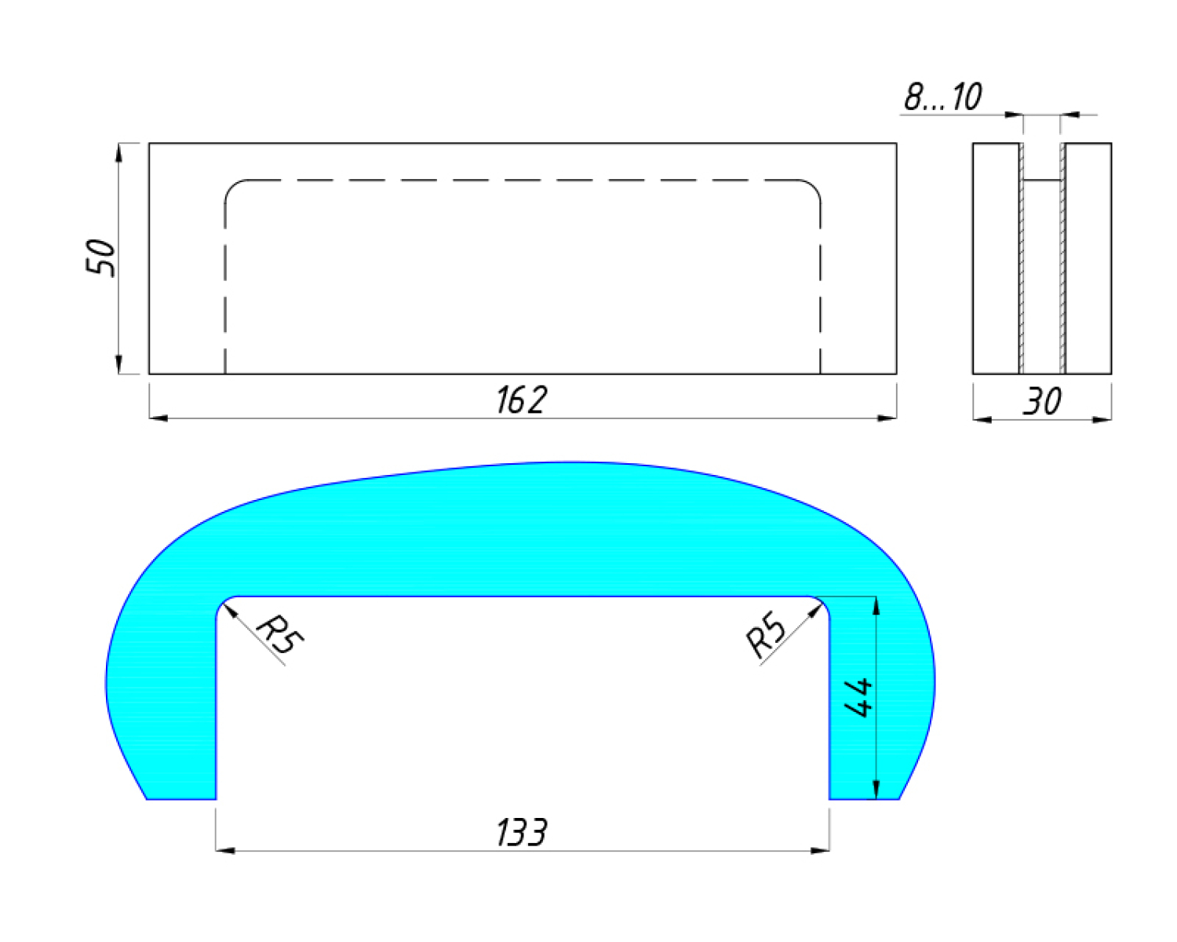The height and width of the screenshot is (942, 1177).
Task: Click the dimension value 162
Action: click(x=521, y=400)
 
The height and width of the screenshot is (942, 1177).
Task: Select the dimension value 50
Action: click(x=100, y=257)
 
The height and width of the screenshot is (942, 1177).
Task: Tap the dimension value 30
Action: click(x=1042, y=401)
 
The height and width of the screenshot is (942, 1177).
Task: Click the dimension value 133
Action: click(x=521, y=833)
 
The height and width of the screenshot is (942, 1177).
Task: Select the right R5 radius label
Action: click(x=765, y=634)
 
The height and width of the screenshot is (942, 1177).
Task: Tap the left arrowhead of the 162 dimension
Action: click(x=159, y=418)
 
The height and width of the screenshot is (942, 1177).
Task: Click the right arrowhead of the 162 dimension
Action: click(x=887, y=418)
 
